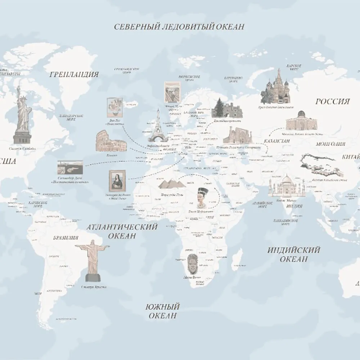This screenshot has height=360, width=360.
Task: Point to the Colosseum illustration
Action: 107,141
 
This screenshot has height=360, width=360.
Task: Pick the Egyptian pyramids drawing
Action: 171,184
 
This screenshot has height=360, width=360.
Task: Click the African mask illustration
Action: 192,265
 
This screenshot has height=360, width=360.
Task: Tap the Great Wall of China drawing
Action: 321,166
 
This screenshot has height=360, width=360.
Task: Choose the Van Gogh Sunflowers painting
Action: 115,107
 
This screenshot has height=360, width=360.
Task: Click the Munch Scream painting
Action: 172,93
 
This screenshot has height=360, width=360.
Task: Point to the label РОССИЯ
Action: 333,102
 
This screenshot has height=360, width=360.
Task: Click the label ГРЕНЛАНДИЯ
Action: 74,75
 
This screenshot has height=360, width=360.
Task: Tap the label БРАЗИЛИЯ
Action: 66,238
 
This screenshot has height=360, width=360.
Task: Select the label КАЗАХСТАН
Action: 276,141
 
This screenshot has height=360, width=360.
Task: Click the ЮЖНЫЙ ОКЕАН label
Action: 162,311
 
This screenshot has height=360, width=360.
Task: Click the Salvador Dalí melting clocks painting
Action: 70,168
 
